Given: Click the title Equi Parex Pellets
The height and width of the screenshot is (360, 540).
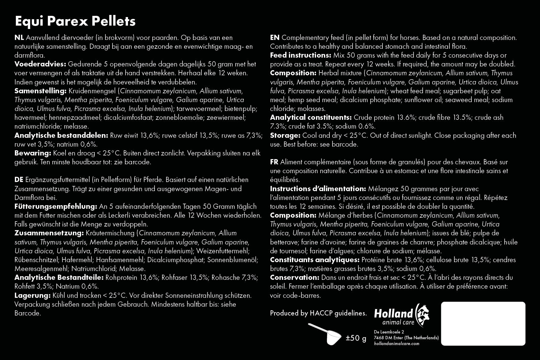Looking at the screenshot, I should click(x=75, y=21).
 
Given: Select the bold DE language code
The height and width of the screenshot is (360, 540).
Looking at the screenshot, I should click(x=19, y=180).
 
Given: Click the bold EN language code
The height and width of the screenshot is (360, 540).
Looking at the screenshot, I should click(x=275, y=38).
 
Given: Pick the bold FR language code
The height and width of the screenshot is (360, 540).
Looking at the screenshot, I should click(x=274, y=162).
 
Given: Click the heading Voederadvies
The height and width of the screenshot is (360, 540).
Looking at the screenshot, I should click(x=40, y=64).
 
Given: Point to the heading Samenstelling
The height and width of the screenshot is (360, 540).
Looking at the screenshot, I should click(x=41, y=91).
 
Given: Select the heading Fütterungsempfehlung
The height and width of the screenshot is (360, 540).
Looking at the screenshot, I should click(x=56, y=206).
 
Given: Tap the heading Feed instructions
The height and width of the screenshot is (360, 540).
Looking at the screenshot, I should click(x=300, y=55).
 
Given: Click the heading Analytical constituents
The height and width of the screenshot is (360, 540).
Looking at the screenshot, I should click(x=311, y=117).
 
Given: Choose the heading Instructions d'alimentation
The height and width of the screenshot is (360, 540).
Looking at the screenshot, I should click(x=318, y=189).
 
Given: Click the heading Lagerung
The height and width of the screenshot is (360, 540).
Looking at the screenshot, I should click(x=32, y=295).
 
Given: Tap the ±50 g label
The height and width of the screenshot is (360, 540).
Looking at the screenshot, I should click(x=356, y=338).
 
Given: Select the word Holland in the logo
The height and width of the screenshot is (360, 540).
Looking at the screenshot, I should click(x=393, y=313).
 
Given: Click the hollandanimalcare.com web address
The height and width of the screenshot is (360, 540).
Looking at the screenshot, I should click(x=396, y=344).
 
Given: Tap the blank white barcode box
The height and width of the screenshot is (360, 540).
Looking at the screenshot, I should click(x=483, y=323).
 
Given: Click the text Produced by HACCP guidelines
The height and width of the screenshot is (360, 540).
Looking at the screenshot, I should click(x=318, y=313).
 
